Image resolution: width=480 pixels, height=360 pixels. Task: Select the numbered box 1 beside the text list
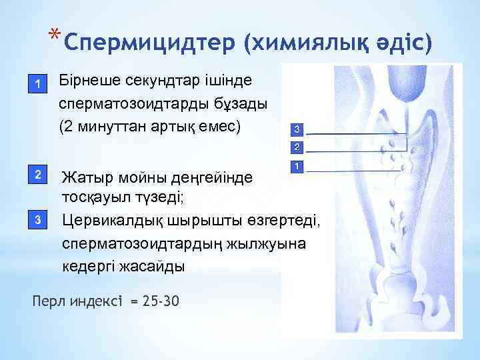pos(39,84)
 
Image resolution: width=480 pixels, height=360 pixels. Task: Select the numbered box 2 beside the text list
pos(39,175)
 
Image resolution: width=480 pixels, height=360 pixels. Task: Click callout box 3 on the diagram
pos(297,129)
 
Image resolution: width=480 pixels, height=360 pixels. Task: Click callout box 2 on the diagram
pos(297,147)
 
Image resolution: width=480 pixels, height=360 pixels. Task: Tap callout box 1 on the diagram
pos(297,165)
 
